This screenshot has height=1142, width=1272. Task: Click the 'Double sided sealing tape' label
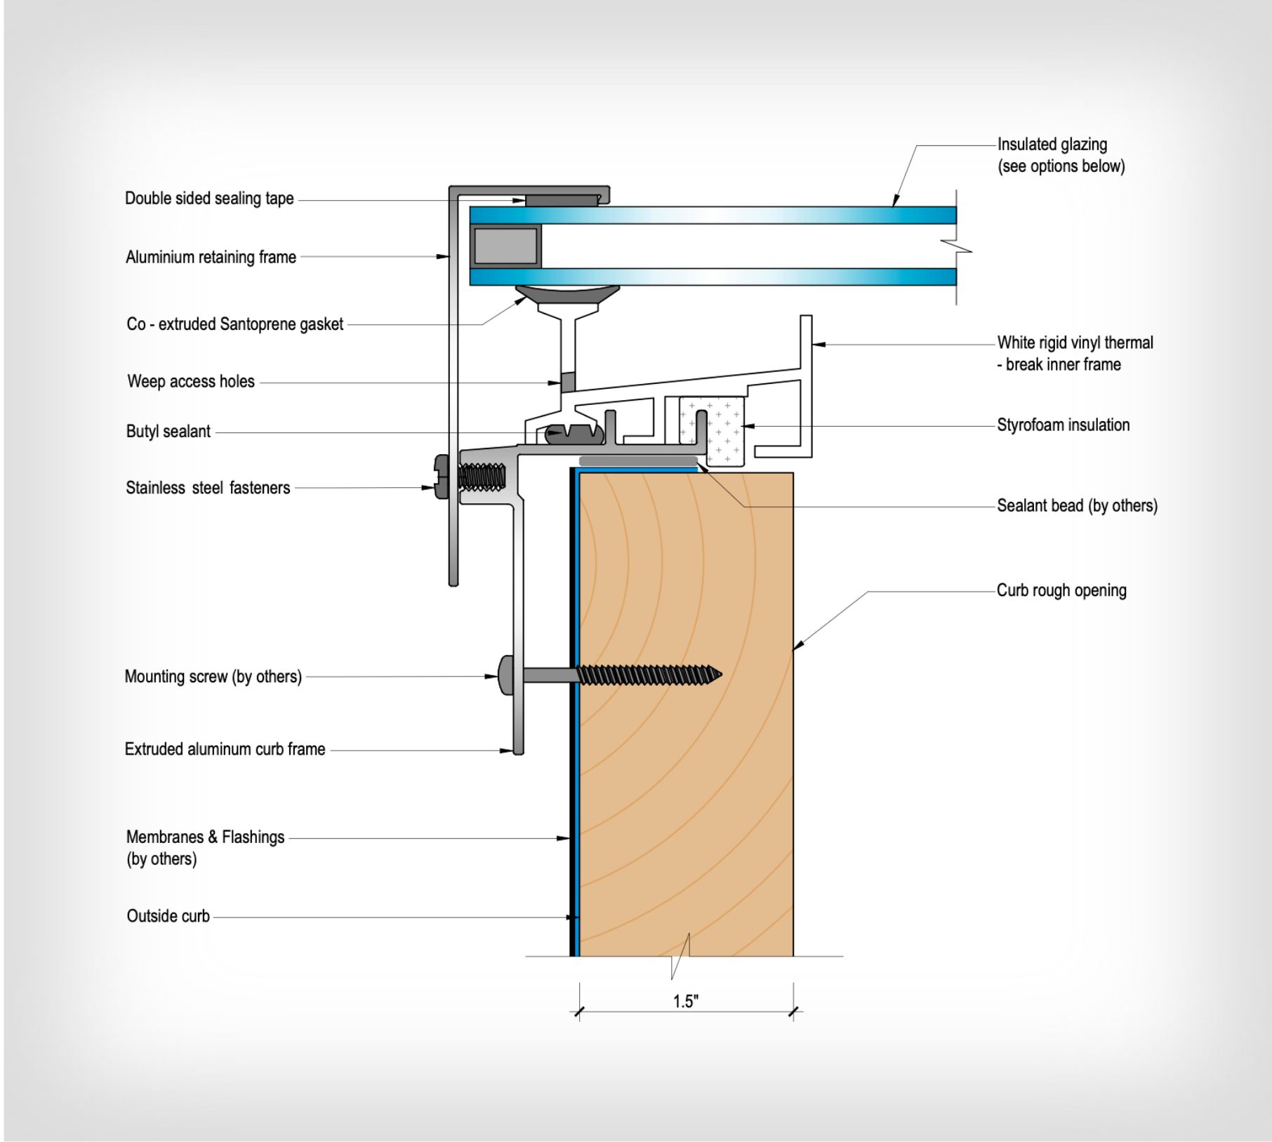click(209, 199)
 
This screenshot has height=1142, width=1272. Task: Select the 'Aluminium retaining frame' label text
click(211, 258)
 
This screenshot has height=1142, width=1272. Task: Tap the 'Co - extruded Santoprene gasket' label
click(235, 324)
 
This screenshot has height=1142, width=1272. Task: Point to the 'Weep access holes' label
click(191, 382)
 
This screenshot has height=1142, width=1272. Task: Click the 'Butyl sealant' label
click(168, 432)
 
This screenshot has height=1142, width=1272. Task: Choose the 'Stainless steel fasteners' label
click(208, 488)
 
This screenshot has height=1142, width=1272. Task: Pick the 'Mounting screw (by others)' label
click(213, 677)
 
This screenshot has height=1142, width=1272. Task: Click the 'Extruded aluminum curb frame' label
click(225, 750)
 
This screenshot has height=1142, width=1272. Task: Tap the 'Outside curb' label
click(168, 916)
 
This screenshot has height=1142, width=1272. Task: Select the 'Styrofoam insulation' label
click(1063, 425)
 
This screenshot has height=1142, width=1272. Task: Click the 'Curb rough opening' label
click(1061, 591)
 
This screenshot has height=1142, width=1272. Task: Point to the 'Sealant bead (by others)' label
click(1077, 506)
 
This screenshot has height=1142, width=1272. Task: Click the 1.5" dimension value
click(686, 1002)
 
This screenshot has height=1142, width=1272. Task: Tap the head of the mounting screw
click(506, 675)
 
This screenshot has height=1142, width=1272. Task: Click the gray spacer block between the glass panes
click(505, 246)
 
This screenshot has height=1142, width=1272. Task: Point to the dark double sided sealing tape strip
click(562, 200)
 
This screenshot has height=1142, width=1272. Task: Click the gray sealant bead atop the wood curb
click(638, 461)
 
